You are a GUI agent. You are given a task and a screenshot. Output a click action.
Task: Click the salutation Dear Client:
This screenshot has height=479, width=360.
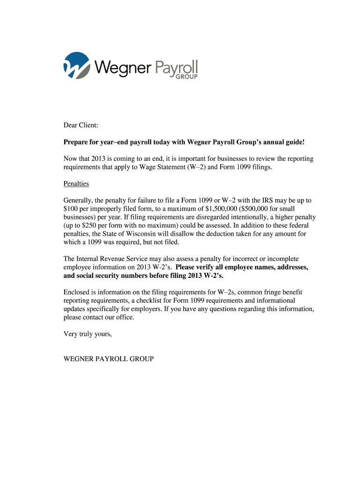(x=81, y=125)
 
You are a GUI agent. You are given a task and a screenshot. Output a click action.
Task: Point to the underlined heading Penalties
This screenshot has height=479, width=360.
(x=76, y=184)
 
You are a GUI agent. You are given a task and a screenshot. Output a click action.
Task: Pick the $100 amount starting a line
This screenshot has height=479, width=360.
(x=71, y=209)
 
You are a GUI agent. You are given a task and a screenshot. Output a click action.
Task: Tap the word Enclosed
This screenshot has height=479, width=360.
(x=77, y=292)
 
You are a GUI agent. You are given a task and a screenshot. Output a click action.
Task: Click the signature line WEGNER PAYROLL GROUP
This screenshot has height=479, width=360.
(x=108, y=359)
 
